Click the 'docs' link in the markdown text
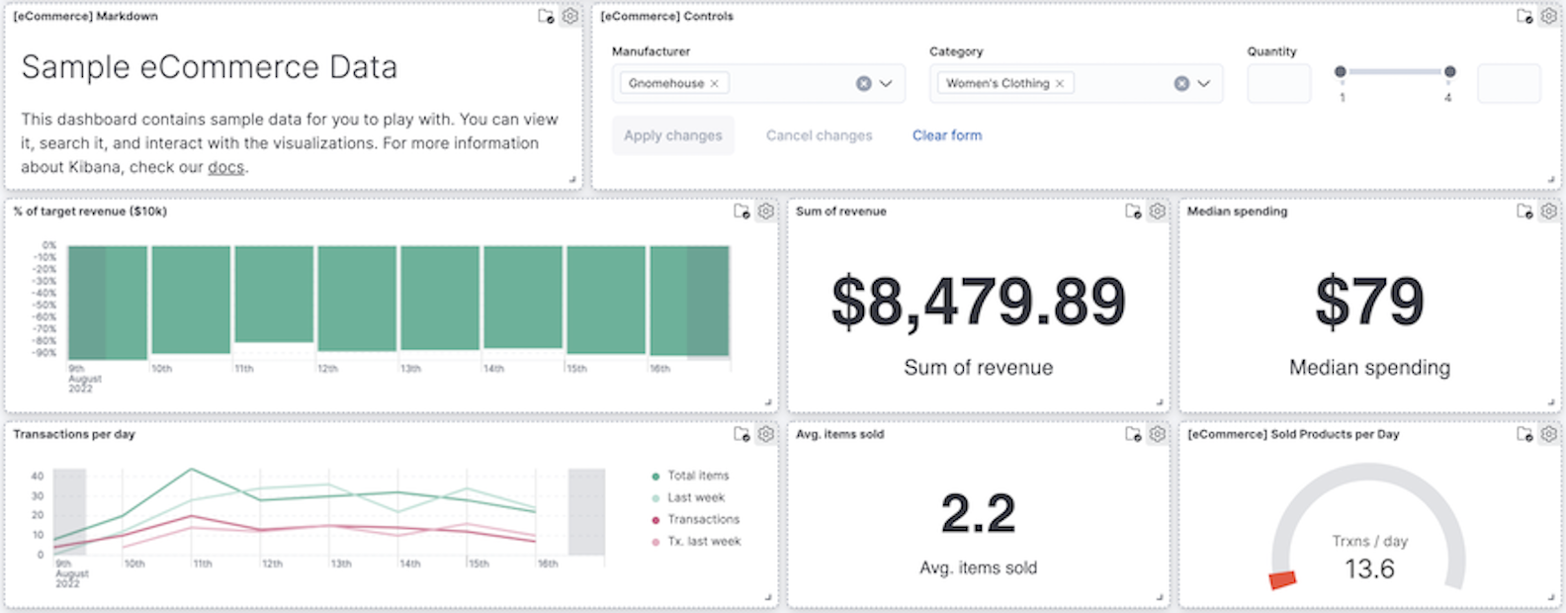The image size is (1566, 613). click(x=225, y=167)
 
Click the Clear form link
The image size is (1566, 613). click(x=946, y=135)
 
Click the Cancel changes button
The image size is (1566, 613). click(x=819, y=135)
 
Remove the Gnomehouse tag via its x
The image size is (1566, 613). click(x=715, y=83)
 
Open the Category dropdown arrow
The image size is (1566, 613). click(x=1203, y=83)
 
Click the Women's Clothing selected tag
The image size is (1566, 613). click(x=997, y=83)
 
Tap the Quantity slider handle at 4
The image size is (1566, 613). click(x=1449, y=71)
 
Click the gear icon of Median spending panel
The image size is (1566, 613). click(x=1548, y=211)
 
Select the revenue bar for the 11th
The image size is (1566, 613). click(x=274, y=295)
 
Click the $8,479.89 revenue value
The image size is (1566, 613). click(x=978, y=302)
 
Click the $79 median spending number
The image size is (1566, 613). click(x=1369, y=302)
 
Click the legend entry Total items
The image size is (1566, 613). click(x=697, y=476)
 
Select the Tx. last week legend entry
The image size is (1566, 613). click(x=703, y=541)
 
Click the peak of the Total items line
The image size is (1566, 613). click(x=192, y=469)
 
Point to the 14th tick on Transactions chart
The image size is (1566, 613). click(x=409, y=564)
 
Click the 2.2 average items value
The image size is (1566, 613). click(x=978, y=513)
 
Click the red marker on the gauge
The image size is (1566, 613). click(x=1282, y=579)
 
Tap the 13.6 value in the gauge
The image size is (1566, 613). click(x=1369, y=569)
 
